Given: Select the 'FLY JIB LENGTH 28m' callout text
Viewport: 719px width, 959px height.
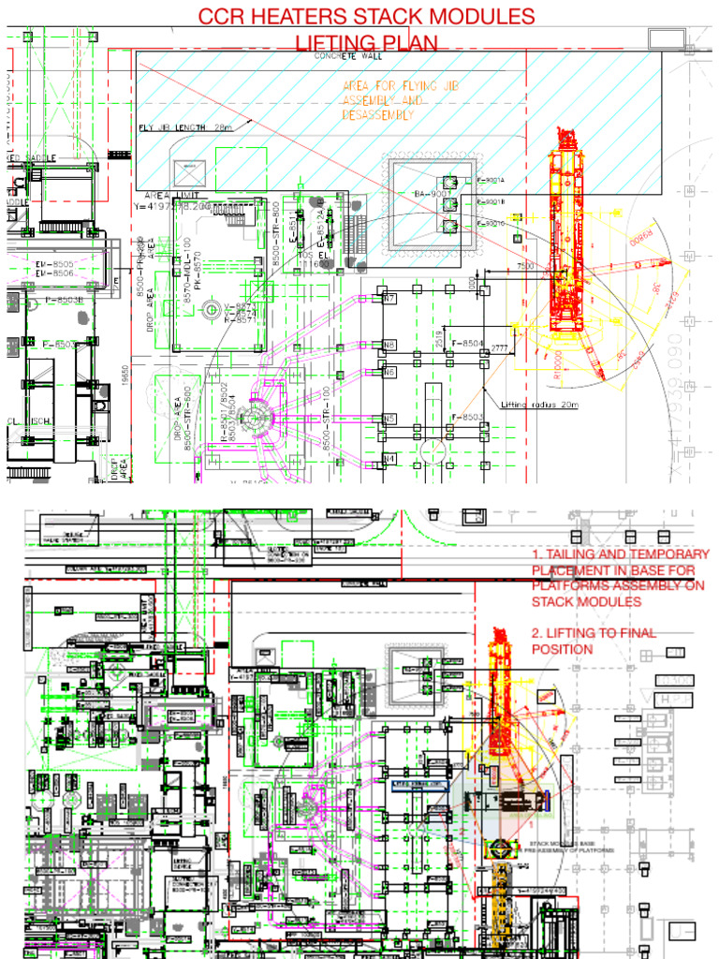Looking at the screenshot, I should point(184,128).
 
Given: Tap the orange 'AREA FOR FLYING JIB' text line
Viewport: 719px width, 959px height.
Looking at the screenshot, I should point(392,87).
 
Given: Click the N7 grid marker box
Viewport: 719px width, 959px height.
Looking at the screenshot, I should point(389,298).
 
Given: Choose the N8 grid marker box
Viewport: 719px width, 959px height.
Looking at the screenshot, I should point(389,345).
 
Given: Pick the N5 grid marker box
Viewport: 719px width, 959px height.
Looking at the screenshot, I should point(389,418).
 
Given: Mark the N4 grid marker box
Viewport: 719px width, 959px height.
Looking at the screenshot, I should point(389,458).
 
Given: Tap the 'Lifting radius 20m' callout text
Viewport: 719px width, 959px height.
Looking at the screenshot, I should point(540,405).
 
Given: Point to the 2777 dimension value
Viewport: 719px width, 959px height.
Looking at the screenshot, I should point(498,349).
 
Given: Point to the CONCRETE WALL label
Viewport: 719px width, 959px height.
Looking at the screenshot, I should point(348,56).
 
